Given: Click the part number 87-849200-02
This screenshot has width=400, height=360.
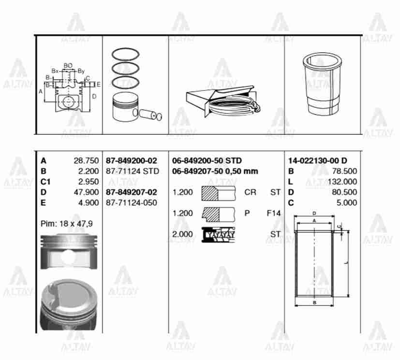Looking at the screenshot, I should point(132,160).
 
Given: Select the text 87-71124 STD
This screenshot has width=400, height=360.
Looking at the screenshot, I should point(132,171).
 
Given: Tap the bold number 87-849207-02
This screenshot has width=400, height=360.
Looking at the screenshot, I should point(132,192).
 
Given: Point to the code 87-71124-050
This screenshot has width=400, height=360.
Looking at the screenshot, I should point(132,203).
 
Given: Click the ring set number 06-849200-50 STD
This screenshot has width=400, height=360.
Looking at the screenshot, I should point(207,160).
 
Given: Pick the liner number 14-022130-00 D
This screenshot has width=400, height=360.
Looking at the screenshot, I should point(317,160).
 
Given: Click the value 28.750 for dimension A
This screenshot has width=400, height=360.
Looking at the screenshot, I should point(88,160).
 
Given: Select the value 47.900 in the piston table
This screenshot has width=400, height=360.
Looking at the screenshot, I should point(88,192).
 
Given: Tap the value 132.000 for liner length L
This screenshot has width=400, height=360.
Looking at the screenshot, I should point(341,182).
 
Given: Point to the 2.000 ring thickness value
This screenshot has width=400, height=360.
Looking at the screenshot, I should point(182,234).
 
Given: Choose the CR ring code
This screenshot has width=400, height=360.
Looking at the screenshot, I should point(250,192).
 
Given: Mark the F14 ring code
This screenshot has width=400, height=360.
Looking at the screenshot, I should point(273,213).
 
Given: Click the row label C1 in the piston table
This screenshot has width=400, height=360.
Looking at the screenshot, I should point(46,182).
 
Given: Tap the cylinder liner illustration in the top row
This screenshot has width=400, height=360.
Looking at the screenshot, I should point(322,85).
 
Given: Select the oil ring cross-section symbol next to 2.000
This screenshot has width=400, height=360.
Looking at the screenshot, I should point(218,235).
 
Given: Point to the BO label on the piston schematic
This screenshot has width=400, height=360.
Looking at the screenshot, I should point(68,65).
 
